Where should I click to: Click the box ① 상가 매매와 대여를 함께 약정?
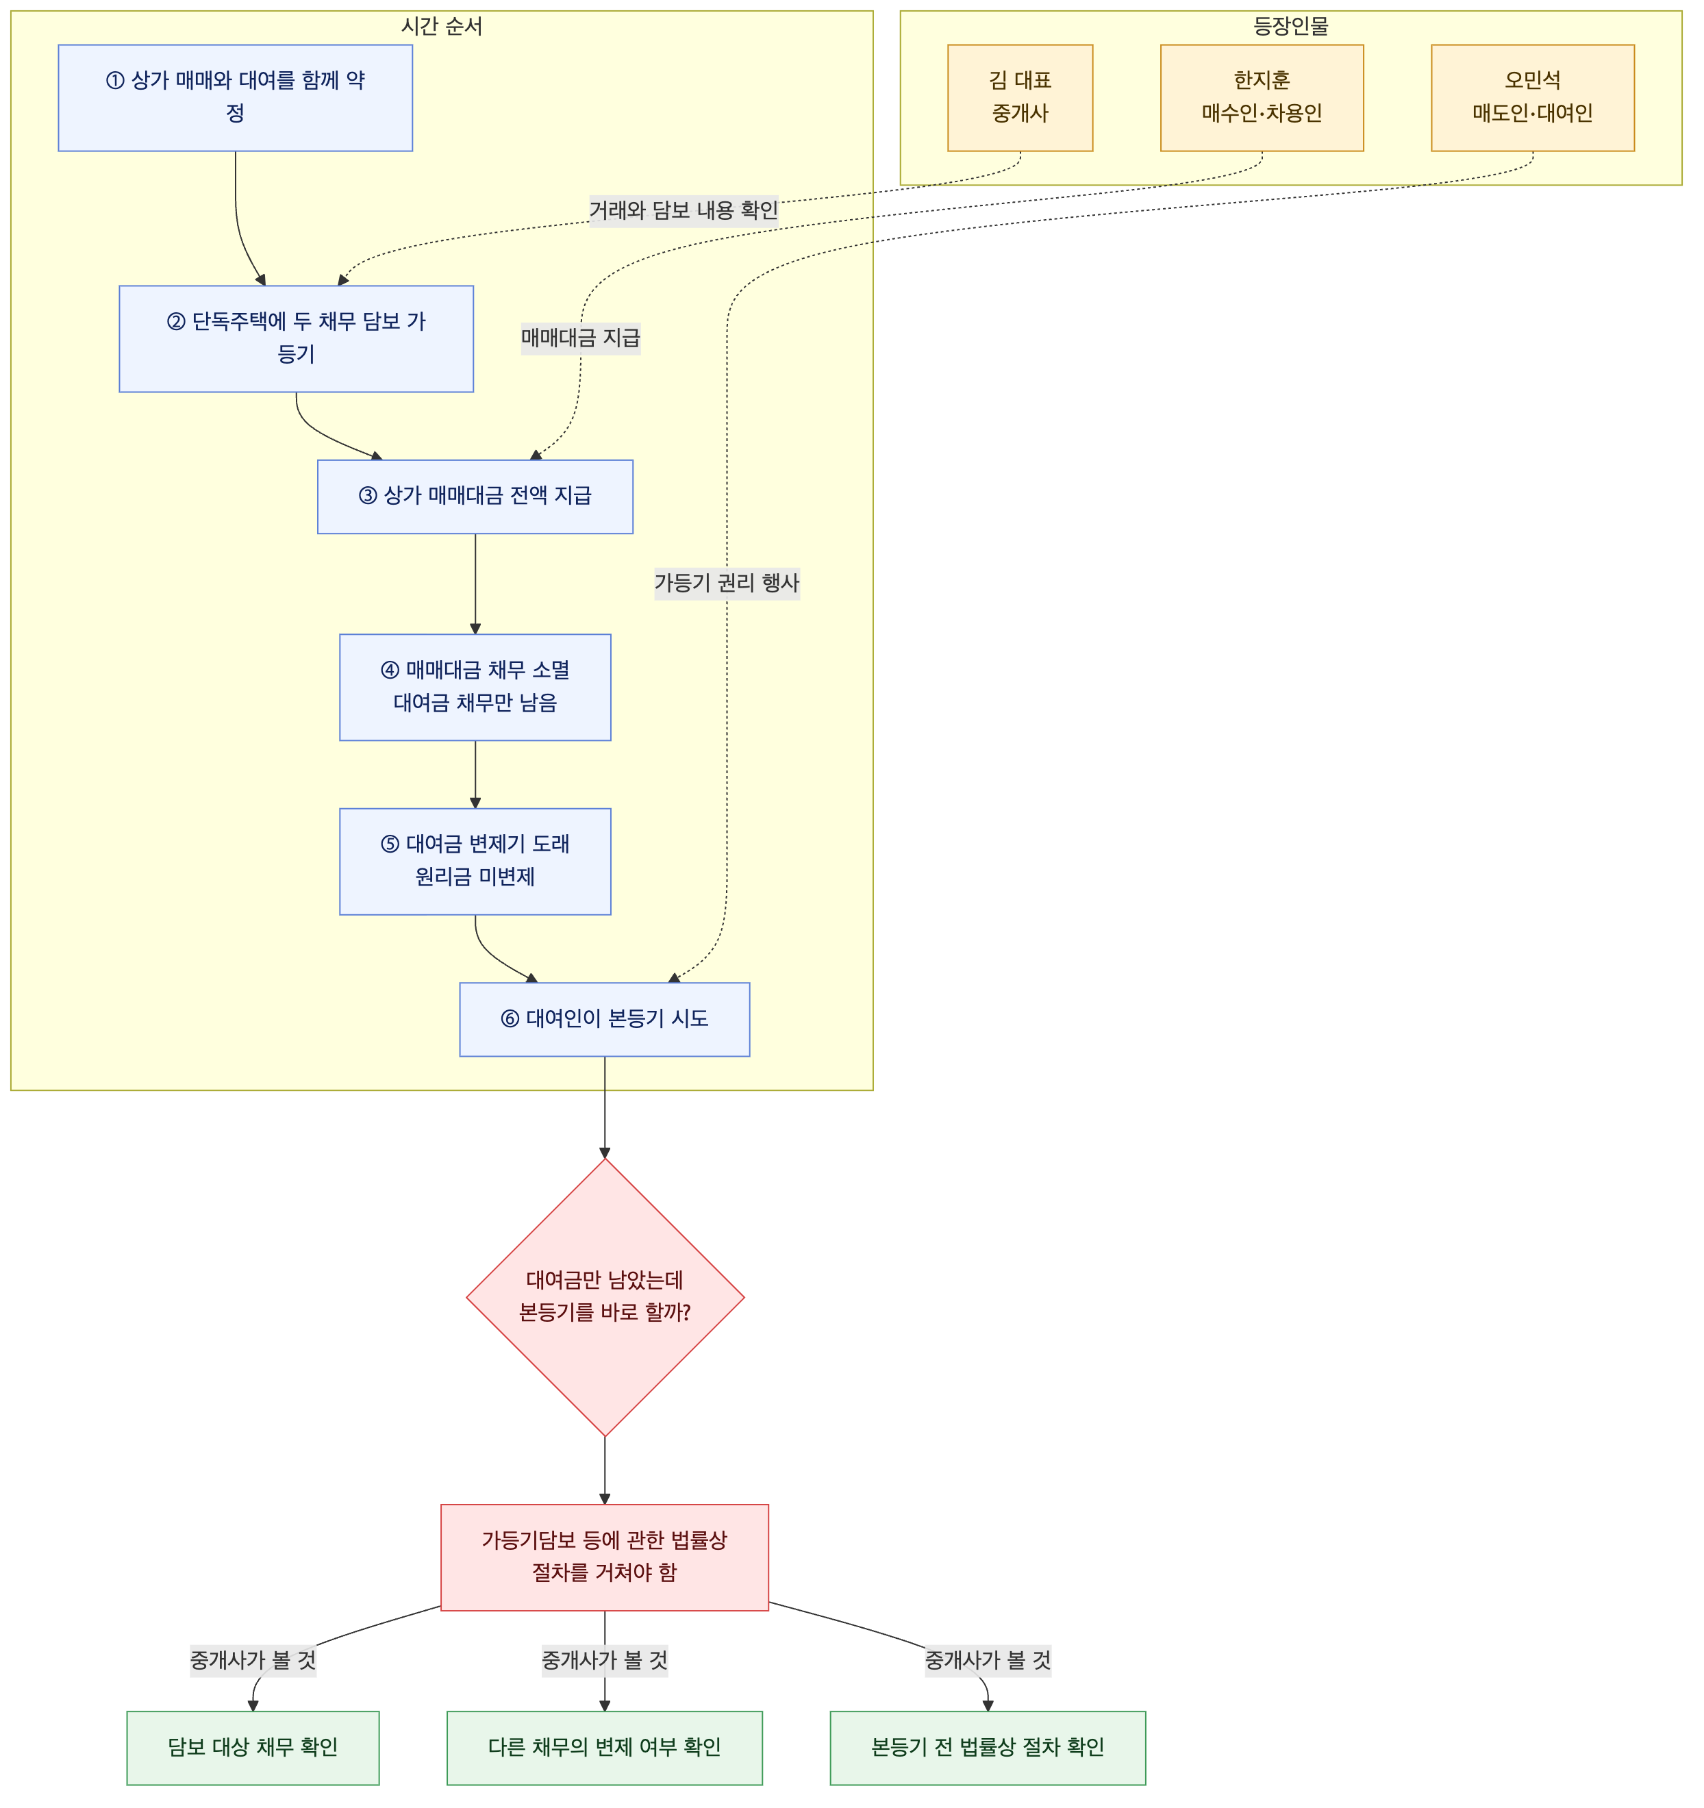click(x=236, y=98)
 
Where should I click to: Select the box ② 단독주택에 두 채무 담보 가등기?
click(x=297, y=339)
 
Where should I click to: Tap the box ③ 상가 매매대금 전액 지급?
click(x=475, y=497)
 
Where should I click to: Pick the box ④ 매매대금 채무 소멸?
click(x=475, y=688)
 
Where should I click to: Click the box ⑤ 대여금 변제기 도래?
click(x=475, y=862)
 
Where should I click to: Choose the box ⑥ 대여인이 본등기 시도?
click(x=605, y=1020)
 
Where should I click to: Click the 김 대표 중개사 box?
click(x=1020, y=98)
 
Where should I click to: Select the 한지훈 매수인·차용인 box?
click(x=1262, y=98)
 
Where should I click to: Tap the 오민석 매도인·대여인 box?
click(x=1533, y=98)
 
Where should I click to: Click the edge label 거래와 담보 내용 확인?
click(x=684, y=211)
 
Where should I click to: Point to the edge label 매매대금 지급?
click(x=581, y=338)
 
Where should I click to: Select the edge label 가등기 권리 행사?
click(x=727, y=583)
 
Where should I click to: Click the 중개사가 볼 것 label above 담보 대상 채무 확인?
click(x=253, y=1661)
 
